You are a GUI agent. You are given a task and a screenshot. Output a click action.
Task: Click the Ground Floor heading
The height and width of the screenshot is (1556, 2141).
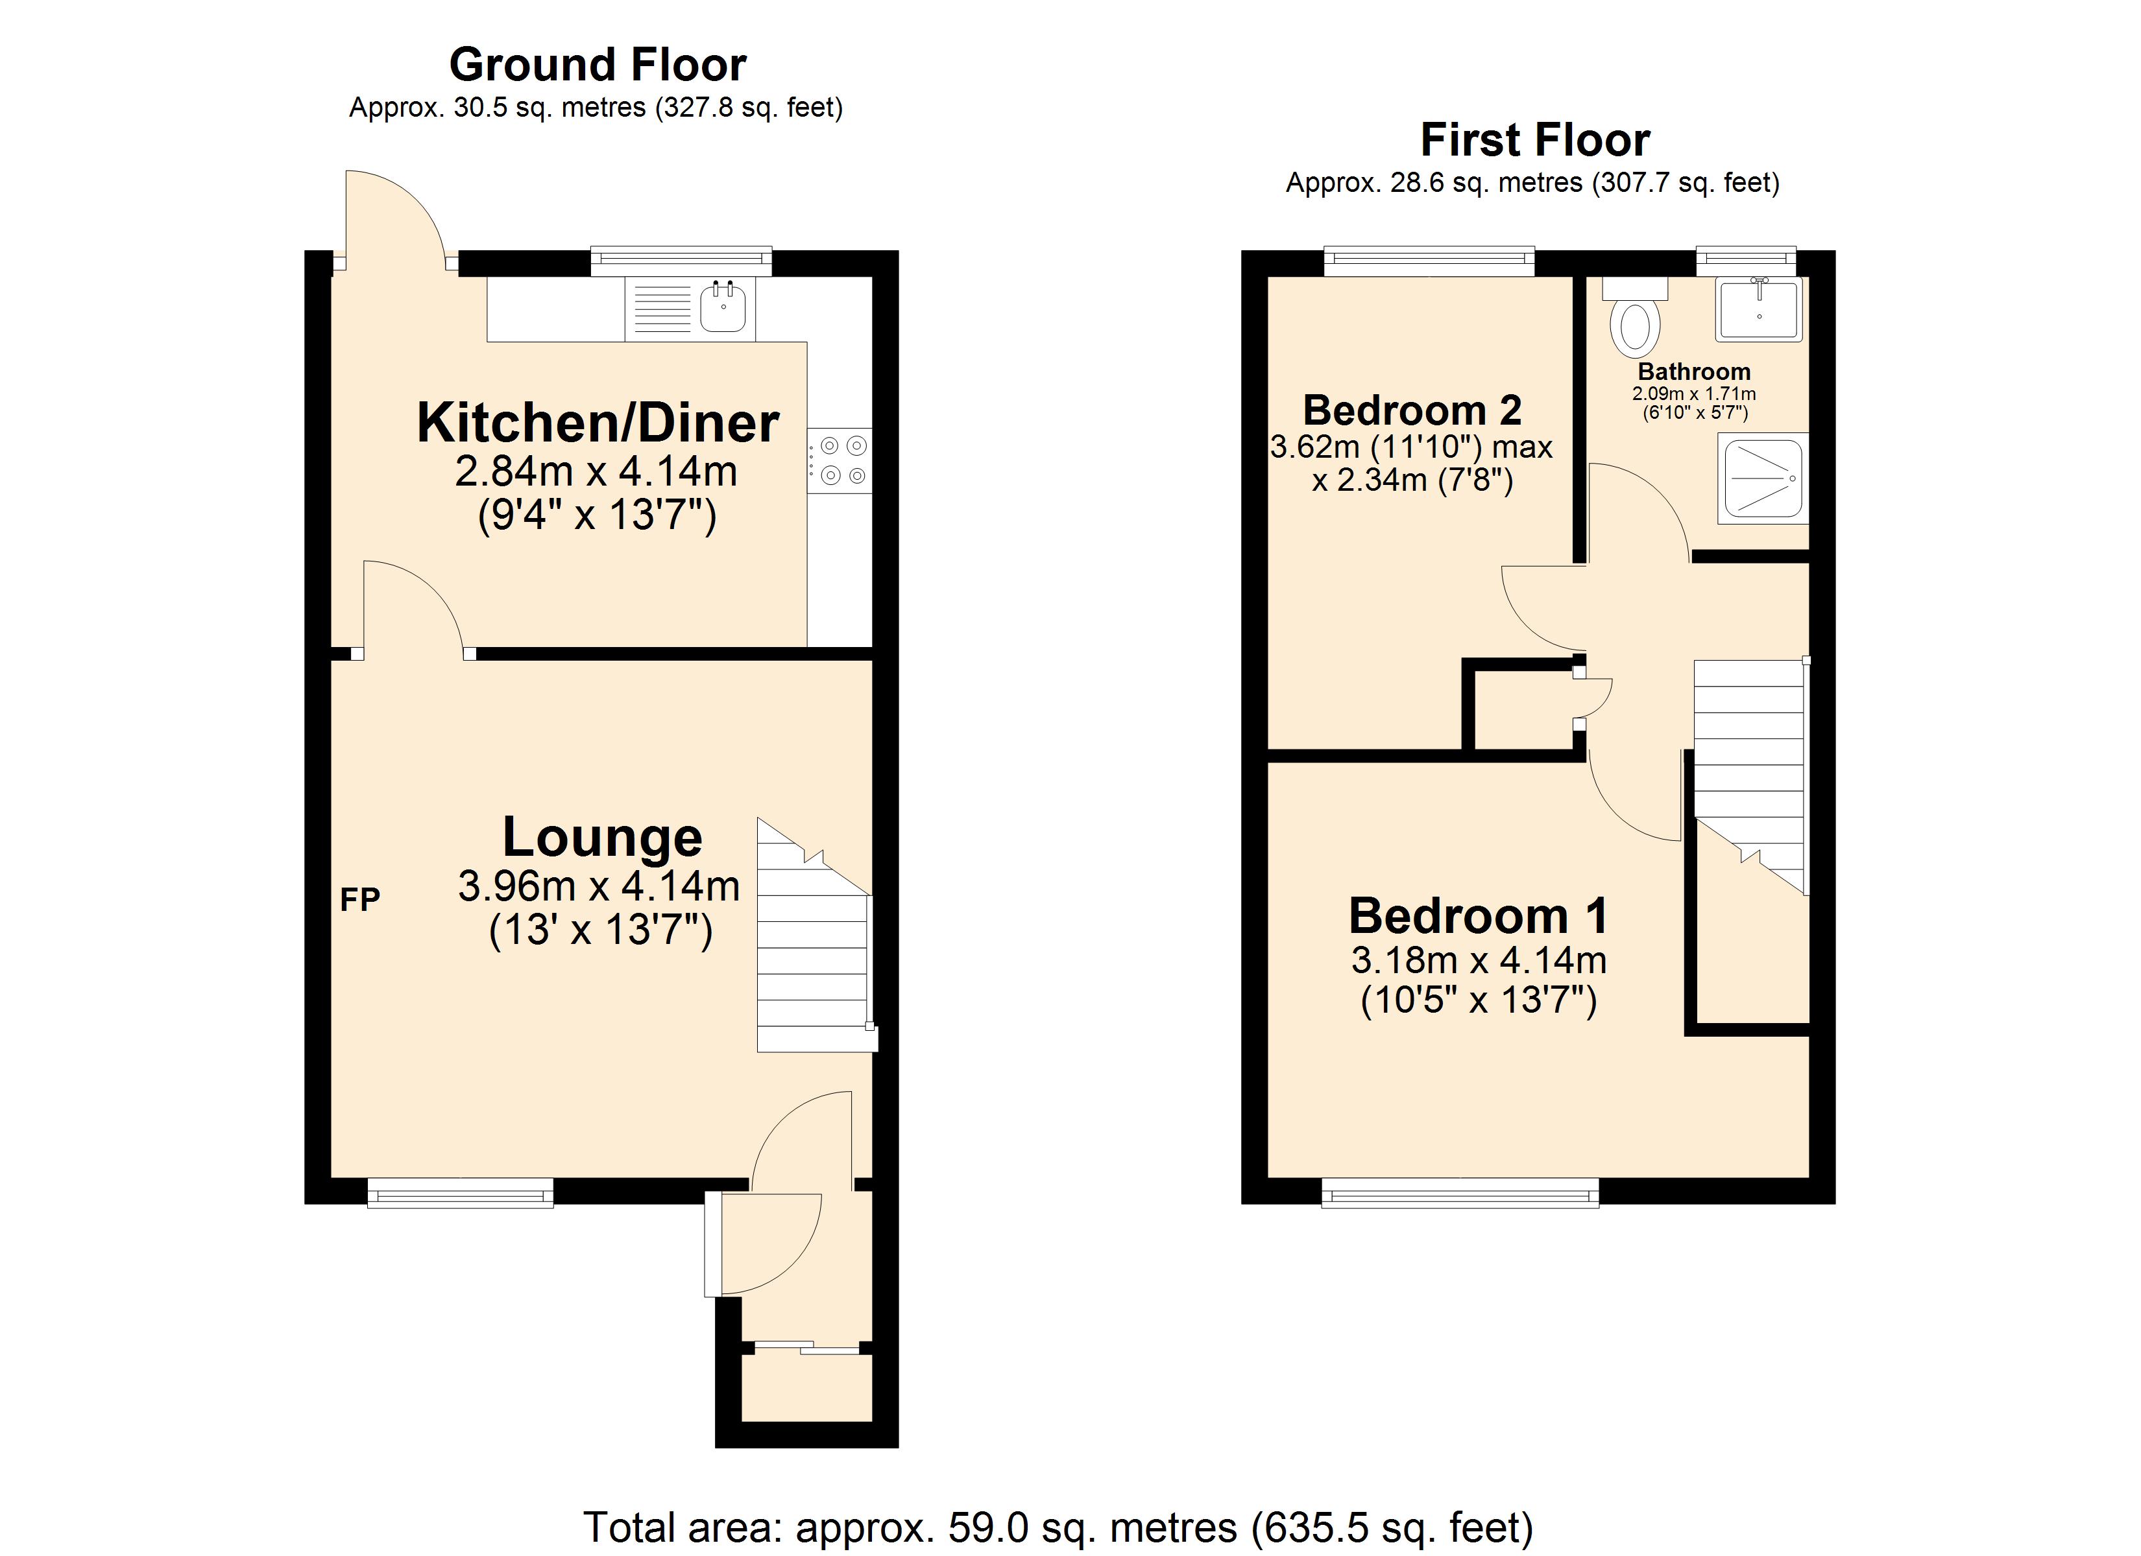(597, 65)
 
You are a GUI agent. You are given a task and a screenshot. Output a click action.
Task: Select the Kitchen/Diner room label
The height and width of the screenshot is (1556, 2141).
(598, 423)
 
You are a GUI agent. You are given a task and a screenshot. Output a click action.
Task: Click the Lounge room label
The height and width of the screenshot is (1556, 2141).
(601, 837)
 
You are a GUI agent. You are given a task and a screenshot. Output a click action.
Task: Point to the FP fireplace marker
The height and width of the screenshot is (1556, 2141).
(359, 899)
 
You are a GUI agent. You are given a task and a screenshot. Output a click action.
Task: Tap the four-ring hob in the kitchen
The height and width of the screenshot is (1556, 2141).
(840, 460)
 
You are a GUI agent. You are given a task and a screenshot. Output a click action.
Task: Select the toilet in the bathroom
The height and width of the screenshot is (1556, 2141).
(1635, 323)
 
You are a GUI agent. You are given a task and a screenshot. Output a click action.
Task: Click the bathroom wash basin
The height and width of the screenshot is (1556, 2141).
(1759, 309)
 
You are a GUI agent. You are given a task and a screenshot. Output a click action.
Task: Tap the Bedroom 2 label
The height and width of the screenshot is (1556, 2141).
(1412, 410)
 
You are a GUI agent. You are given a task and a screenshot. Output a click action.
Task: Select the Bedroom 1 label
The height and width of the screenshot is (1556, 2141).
(1479, 915)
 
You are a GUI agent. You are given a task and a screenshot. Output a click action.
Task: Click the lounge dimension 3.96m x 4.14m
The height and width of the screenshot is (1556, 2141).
(598, 886)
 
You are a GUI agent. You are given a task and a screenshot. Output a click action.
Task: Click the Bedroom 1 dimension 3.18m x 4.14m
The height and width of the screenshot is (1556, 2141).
(1479, 961)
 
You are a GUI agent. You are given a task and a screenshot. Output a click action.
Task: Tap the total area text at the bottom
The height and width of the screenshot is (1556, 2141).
(1058, 1527)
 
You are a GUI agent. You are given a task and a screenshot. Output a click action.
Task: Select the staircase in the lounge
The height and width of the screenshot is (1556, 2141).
(814, 943)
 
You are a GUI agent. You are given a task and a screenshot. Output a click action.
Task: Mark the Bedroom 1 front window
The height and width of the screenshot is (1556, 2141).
(1459, 1193)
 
